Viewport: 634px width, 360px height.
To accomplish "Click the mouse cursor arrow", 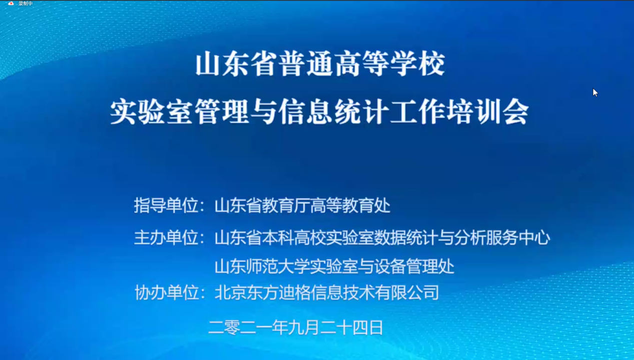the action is [595, 92].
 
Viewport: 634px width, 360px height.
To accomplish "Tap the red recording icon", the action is [11, 3].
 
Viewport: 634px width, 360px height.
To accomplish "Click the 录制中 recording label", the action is [26, 3].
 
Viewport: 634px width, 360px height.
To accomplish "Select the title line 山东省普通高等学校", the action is [320, 63].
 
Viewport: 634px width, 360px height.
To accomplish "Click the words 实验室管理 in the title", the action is [180, 111].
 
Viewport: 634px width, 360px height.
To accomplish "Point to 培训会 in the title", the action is [487, 111].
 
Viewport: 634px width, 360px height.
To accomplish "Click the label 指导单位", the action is [166, 205].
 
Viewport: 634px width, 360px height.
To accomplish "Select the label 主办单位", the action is [166, 237].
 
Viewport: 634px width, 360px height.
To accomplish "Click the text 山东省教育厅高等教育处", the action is [303, 205].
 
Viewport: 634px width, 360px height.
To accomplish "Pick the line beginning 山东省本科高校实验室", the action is [382, 237].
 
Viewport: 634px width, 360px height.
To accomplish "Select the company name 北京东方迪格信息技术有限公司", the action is [327, 292].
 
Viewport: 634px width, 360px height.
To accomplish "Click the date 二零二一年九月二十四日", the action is [296, 327].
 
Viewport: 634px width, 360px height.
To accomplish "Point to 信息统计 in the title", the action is [334, 111].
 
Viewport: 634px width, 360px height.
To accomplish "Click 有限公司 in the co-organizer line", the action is [407, 292].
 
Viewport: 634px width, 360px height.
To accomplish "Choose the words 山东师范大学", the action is [262, 266].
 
